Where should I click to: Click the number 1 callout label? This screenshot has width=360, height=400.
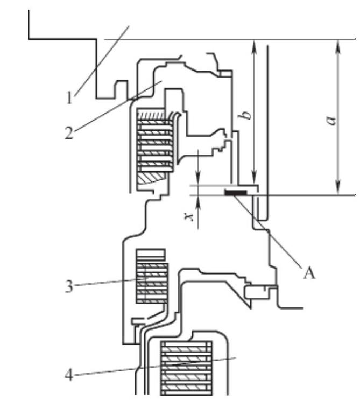coord(69,98)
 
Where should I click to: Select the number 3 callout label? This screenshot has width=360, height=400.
coord(69,286)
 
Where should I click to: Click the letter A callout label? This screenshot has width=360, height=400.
coord(308,274)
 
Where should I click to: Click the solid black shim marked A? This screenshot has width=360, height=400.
coord(236,191)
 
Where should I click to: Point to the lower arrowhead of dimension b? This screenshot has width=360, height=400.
coord(253,180)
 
